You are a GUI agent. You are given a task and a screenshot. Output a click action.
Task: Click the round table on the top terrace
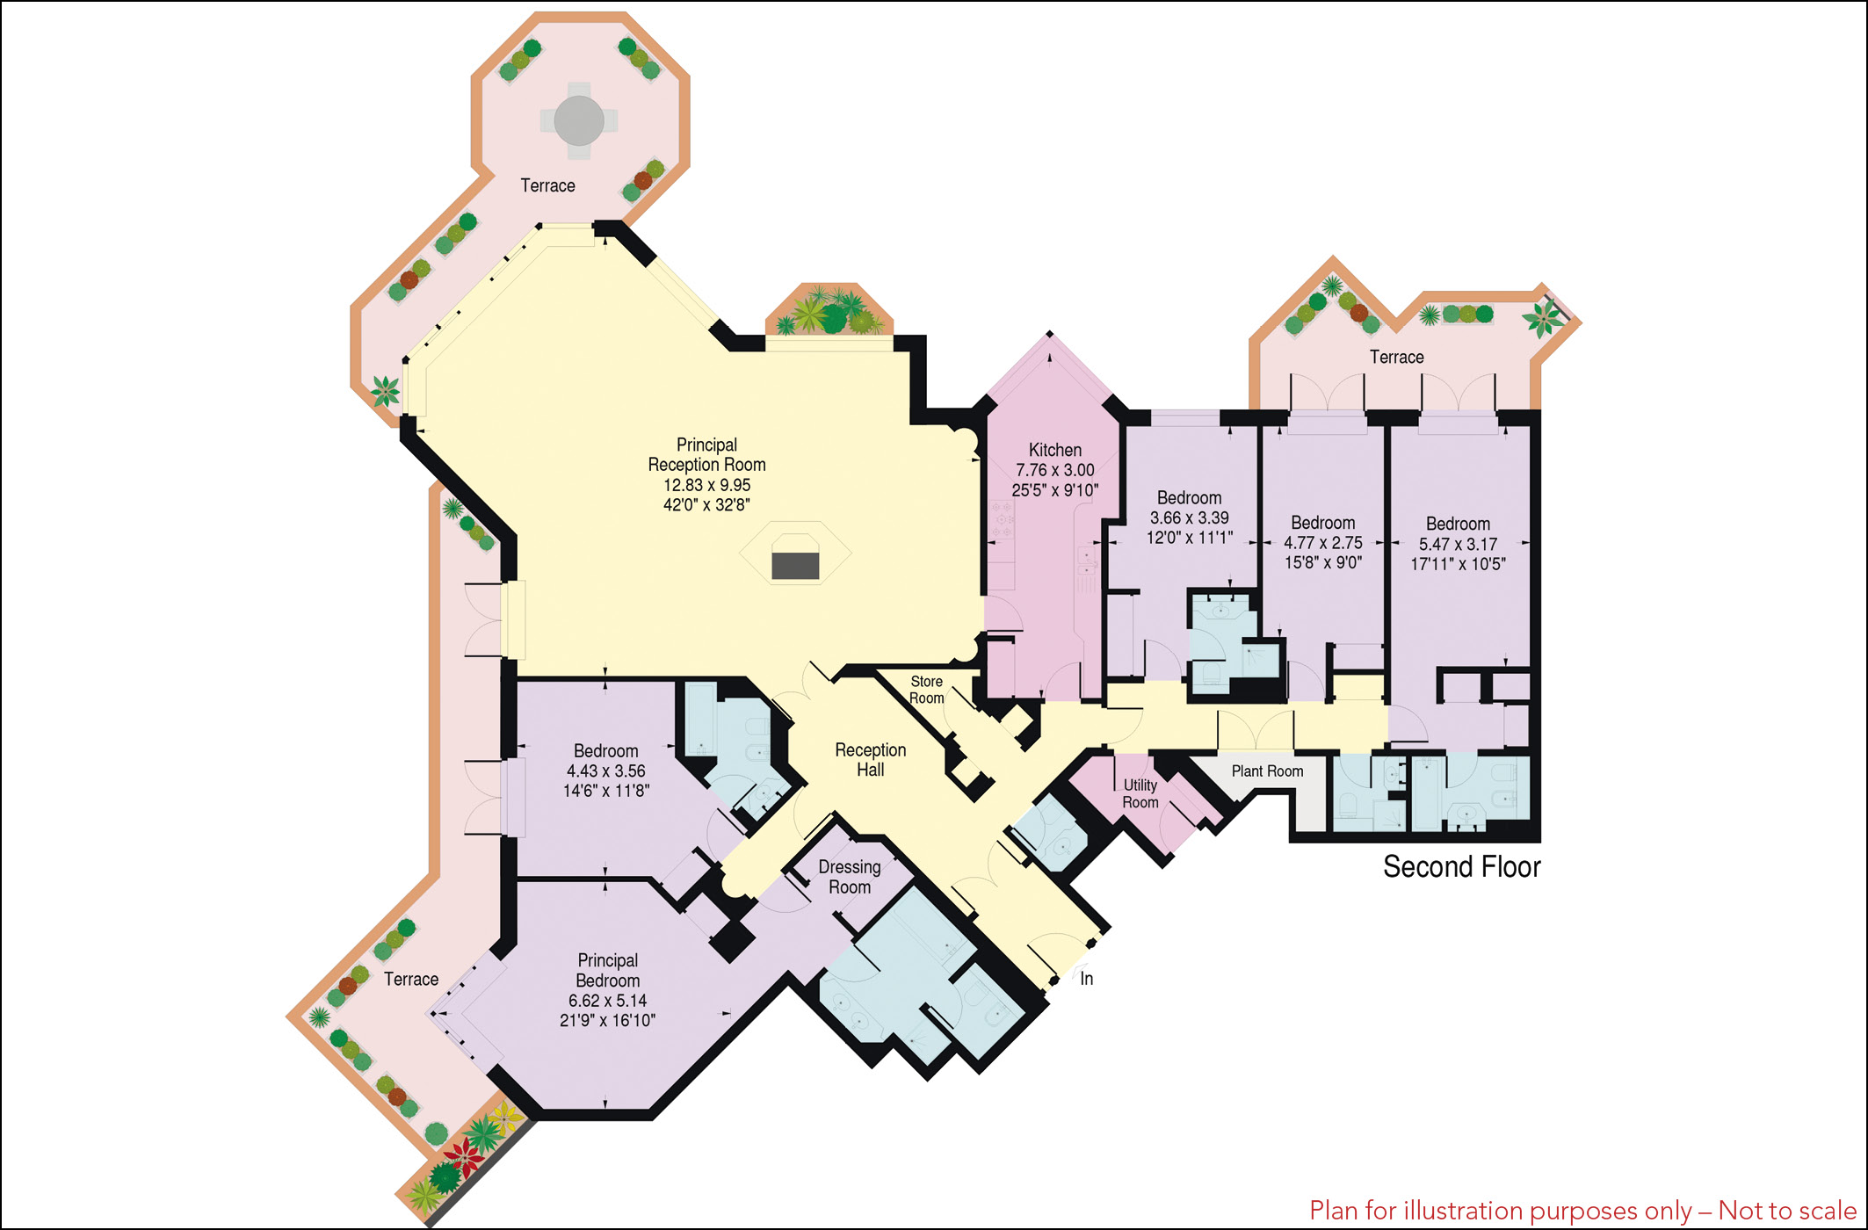(578, 120)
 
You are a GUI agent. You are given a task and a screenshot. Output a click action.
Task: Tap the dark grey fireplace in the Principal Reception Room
(795, 565)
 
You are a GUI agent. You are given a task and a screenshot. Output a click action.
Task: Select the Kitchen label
(1055, 450)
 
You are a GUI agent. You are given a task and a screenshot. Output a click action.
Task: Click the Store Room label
(926, 690)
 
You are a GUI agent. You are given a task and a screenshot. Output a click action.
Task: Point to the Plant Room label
(1267, 771)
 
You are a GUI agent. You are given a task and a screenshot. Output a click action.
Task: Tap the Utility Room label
(1140, 793)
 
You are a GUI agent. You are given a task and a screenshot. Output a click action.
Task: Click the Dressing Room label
(850, 877)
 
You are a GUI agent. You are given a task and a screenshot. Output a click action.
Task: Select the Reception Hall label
(870, 760)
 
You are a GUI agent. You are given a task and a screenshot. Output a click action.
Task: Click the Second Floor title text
(1462, 867)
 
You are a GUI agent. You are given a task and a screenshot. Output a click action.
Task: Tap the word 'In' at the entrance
(1086, 979)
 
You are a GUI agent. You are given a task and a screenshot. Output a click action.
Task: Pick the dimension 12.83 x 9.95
(706, 485)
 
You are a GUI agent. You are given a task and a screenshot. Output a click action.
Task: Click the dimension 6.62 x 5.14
(607, 1001)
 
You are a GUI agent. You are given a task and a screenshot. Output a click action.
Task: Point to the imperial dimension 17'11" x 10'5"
(1458, 564)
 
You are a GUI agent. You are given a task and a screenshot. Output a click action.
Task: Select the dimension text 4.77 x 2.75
(1322, 543)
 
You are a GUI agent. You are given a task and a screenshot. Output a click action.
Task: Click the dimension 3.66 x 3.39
(1189, 518)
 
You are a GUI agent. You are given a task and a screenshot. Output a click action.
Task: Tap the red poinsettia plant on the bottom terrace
(463, 1158)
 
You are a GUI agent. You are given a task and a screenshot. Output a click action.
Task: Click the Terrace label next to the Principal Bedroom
(410, 980)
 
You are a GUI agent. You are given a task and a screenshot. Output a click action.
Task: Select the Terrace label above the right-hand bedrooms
(1396, 358)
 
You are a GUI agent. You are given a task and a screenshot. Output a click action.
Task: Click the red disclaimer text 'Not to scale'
(1786, 1211)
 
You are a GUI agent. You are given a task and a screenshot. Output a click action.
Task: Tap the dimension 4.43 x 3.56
(605, 771)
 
